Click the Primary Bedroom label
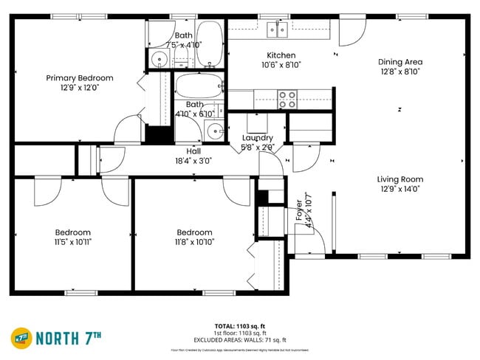click(x=79, y=78)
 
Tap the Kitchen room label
click(x=281, y=55)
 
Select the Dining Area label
click(x=400, y=62)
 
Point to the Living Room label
click(x=400, y=179)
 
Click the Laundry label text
click(x=257, y=138)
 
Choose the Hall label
click(x=193, y=151)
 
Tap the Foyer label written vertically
click(x=299, y=215)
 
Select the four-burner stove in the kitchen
click(x=287, y=97)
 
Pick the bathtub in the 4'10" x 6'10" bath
click(x=197, y=86)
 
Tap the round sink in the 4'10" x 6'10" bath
click(x=213, y=131)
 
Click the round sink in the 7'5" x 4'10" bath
click(x=158, y=60)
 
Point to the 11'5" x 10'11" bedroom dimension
click(x=72, y=241)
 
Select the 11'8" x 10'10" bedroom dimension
click(x=194, y=241)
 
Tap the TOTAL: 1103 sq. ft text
click(x=240, y=325)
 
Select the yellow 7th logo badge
click(x=21, y=338)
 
